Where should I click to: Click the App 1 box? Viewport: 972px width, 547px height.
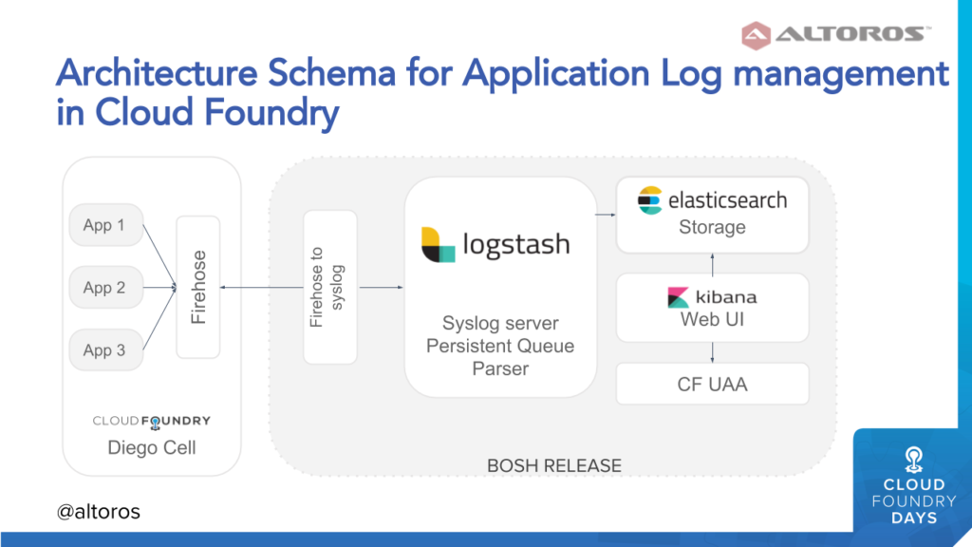pos(106,224)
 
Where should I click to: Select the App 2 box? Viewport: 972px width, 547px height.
pos(106,287)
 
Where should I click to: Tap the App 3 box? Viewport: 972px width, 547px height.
pos(106,349)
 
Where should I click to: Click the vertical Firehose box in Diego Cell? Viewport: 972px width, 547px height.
pos(198,287)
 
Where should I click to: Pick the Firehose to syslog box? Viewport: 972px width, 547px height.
pos(330,287)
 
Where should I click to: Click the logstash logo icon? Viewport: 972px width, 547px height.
pos(438,244)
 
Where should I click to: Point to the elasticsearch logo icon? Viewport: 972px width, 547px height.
pos(649,200)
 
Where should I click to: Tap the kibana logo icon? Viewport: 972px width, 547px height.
pos(678,297)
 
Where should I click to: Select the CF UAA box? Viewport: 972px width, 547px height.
pos(712,384)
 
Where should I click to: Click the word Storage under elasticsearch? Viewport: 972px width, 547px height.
pos(712,227)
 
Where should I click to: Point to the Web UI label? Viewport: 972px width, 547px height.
pos(712,319)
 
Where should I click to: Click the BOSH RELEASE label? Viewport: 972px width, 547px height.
pos(554,465)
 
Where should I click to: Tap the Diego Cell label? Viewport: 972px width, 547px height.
pos(152,448)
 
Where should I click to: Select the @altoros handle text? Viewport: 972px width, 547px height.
pos(99,512)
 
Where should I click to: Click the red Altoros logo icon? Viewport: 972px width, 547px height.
pos(757,35)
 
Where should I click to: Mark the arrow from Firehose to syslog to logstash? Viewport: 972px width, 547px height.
pos(382,287)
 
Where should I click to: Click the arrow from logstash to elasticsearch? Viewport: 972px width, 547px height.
pos(606,215)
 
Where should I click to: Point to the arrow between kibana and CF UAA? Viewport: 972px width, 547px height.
pos(712,352)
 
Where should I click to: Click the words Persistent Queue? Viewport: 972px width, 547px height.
pos(500,346)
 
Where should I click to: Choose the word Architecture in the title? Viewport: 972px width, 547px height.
pos(157,73)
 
